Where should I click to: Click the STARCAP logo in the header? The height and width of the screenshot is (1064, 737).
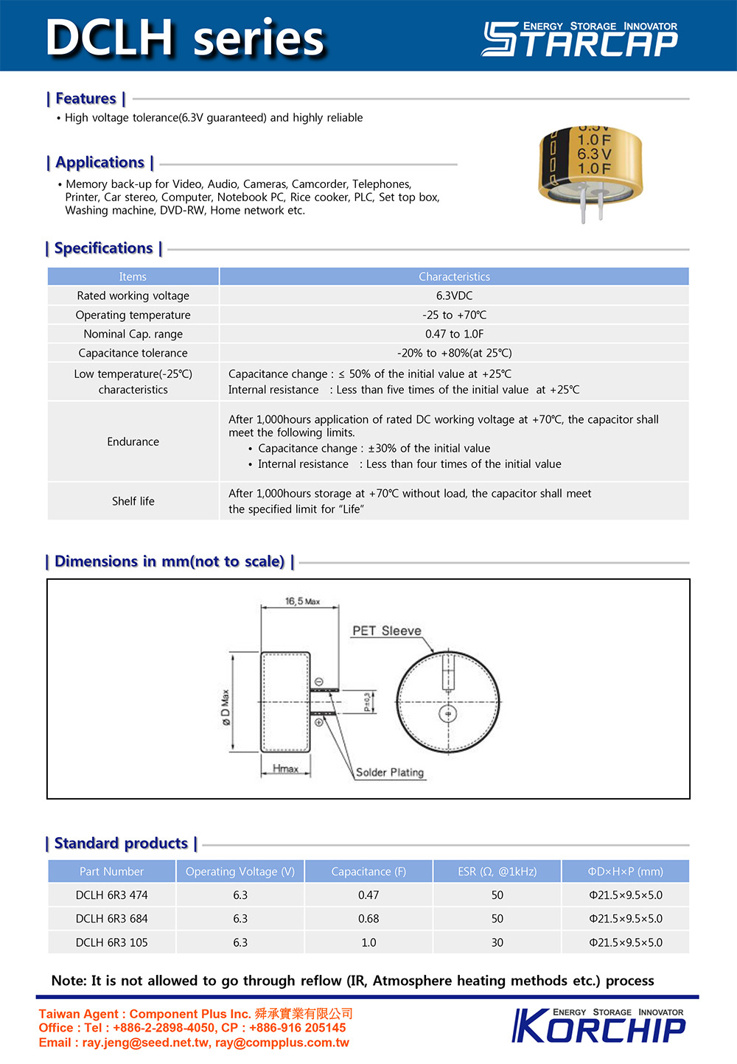point(580,39)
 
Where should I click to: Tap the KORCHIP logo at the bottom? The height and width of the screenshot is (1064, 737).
point(598,1025)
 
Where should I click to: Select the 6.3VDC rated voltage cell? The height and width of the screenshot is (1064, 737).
point(454,295)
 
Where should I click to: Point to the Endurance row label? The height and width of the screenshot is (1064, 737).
point(133,441)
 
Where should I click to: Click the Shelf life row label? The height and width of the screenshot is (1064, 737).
point(133,501)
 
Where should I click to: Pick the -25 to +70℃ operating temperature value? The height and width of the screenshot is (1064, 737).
point(454,315)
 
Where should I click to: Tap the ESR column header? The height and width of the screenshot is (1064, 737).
point(497,871)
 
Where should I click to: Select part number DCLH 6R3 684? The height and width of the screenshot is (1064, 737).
point(111,919)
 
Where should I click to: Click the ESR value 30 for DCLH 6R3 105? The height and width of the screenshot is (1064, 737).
point(497,942)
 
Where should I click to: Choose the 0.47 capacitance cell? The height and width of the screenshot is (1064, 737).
point(368,895)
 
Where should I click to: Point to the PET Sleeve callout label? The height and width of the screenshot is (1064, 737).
point(386,631)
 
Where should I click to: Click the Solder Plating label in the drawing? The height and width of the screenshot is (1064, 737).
point(390,772)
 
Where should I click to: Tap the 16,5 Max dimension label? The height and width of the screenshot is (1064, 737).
point(302,601)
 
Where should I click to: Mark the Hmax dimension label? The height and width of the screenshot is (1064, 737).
point(286,769)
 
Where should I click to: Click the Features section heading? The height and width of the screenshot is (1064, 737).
point(85,99)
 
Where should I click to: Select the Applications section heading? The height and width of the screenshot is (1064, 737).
point(99,162)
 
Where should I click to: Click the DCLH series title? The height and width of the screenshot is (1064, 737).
point(185,38)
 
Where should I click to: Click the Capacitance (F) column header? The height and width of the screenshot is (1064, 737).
point(368,871)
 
